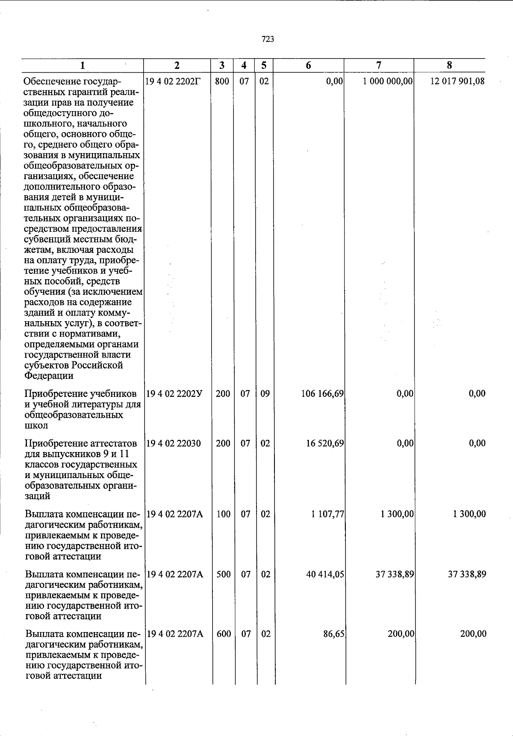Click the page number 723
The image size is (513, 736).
coord(268,39)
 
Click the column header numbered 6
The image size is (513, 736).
coord(308,65)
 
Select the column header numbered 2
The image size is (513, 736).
coord(177,65)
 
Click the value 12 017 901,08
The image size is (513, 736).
coord(457,81)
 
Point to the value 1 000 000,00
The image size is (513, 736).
coord(388,81)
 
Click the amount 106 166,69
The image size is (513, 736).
coord(322,394)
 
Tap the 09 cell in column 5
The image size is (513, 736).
coord(265,394)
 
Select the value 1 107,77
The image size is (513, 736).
coord(327,514)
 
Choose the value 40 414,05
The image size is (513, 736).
coord(325,574)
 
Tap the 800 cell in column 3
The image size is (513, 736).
coord(222,81)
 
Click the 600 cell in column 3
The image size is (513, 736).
coord(224,634)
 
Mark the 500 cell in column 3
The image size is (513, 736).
coord(224,574)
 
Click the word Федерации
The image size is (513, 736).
coord(49,376)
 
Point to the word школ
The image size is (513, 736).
coord(36,426)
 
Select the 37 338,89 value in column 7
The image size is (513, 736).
coord(395,574)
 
